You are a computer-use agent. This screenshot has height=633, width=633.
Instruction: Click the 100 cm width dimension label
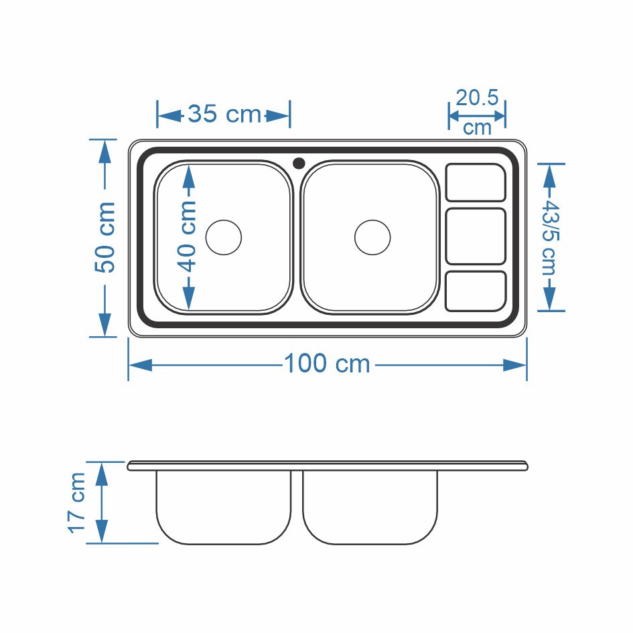(327, 363)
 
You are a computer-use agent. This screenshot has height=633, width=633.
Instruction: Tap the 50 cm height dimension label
(105, 237)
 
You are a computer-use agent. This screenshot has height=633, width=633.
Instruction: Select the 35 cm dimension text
(224, 114)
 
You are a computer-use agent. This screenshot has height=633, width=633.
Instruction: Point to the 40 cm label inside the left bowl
(186, 236)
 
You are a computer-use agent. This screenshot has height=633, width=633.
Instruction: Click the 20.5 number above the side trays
(477, 97)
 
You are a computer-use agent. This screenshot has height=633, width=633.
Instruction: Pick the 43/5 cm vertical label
(549, 237)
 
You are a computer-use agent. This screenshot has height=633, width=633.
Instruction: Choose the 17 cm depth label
(76, 503)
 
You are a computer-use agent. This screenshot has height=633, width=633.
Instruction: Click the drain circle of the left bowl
(224, 237)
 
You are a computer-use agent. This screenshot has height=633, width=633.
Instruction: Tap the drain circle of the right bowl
(372, 237)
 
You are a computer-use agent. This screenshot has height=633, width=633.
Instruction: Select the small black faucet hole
(299, 163)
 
